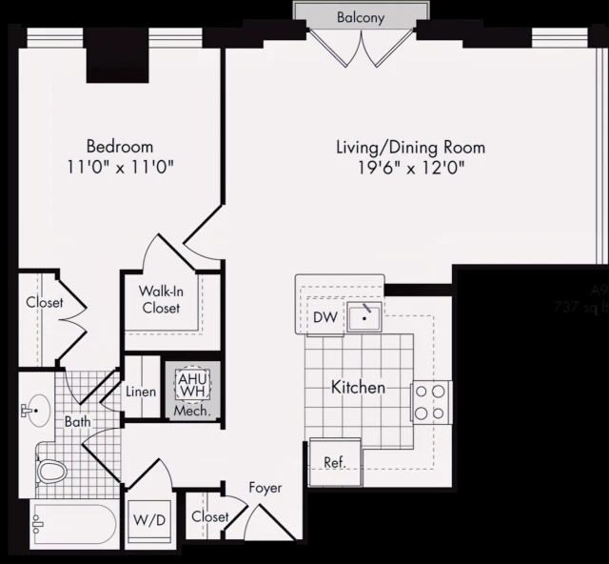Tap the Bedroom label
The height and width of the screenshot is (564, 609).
coord(120,147)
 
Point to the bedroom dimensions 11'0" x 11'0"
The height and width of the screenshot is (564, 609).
coord(120,168)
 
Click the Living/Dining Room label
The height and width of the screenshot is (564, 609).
coord(410,148)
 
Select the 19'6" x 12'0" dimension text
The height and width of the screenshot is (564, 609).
coord(410,169)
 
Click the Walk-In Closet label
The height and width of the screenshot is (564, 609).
coord(161,299)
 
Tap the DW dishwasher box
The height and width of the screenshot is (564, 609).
coord(325,318)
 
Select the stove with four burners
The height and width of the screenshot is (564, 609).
coord(430,401)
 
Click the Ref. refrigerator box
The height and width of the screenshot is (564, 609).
coord(335,463)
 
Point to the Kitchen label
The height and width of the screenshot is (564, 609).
coord(358,388)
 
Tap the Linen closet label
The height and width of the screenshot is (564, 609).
coord(141,392)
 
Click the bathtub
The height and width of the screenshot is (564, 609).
coord(72,523)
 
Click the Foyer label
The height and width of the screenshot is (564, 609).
coord(265,488)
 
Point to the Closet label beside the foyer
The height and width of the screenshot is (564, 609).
coord(209,516)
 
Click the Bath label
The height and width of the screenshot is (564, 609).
coord(77,420)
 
